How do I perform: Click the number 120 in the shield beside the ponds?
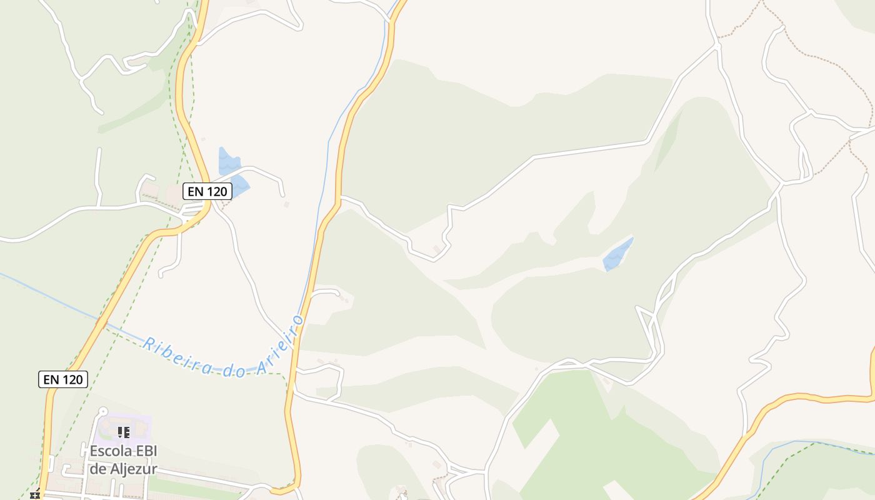click(216, 191)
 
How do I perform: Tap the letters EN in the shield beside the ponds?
click(196, 191)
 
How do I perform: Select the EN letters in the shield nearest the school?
click(51, 379)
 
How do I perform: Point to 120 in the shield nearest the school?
click(72, 379)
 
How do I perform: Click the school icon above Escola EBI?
click(123, 432)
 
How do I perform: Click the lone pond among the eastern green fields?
click(617, 254)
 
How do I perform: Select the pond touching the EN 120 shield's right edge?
click(239, 184)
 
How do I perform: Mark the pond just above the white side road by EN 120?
click(227, 160)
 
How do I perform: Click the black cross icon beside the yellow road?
click(35, 495)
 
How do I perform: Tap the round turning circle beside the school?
click(102, 412)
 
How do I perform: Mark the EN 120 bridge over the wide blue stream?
click(101, 324)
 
